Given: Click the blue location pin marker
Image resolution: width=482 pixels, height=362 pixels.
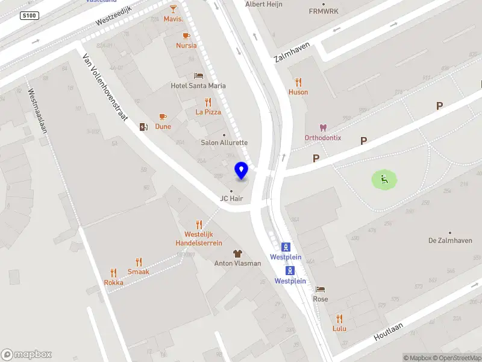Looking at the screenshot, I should [x=242, y=170].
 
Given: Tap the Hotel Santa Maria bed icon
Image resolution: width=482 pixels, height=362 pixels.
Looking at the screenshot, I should [x=198, y=75].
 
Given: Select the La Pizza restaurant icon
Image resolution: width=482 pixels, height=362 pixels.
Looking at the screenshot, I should [x=208, y=102].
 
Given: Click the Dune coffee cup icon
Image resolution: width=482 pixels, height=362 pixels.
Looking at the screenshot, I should [x=163, y=116].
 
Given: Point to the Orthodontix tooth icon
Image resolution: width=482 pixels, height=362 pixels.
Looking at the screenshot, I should [x=323, y=128].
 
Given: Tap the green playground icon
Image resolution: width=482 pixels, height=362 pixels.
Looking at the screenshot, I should [x=384, y=179].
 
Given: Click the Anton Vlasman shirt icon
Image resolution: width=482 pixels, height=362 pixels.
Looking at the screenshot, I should [x=238, y=253].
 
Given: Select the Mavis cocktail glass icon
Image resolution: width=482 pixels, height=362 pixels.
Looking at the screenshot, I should [x=174, y=9].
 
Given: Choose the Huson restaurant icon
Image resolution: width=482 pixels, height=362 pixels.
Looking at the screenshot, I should [x=298, y=82].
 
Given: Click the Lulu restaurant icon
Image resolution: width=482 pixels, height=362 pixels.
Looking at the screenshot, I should [x=339, y=319].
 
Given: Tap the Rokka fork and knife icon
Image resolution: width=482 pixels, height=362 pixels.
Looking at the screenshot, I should [x=113, y=273].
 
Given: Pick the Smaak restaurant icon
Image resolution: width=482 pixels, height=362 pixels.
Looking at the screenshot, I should [x=139, y=262].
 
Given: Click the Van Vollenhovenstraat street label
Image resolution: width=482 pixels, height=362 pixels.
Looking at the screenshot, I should [x=105, y=86].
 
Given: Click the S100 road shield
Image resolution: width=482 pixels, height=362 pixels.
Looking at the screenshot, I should [x=28, y=15].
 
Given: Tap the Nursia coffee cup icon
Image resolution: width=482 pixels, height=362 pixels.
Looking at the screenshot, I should [x=186, y=36].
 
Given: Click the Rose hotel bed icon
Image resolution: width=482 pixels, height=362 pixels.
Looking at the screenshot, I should [x=320, y=289].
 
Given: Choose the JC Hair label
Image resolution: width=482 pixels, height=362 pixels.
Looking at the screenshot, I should [x=231, y=198].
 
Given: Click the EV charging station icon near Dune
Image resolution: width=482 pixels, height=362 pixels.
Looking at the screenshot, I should [x=143, y=127].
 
